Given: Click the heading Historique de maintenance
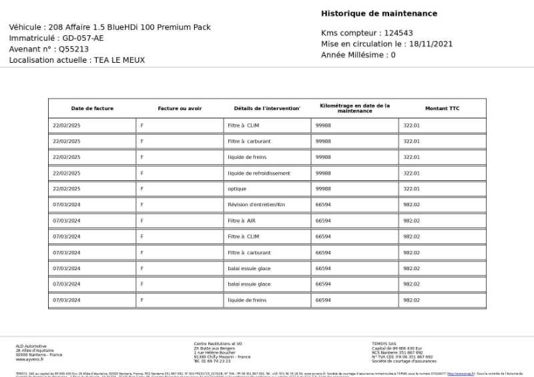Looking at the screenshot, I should [379, 13].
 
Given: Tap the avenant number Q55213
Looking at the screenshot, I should [73, 49].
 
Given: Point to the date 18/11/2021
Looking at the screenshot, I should [431, 44].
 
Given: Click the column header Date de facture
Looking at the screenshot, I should [92, 109].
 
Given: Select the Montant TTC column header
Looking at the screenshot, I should [442, 109].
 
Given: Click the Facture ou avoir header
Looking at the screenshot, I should [180, 109].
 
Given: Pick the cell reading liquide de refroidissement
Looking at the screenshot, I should [259, 173].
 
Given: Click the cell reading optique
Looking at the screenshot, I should [237, 189].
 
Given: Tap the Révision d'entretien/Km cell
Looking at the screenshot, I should [256, 205].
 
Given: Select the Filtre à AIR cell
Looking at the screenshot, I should [242, 221].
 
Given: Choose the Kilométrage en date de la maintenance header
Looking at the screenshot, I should [354, 108].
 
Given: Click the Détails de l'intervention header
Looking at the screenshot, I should [267, 109].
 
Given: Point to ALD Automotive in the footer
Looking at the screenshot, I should [31, 346].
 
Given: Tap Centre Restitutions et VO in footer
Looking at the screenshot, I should [218, 344].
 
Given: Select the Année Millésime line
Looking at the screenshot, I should [358, 55].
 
